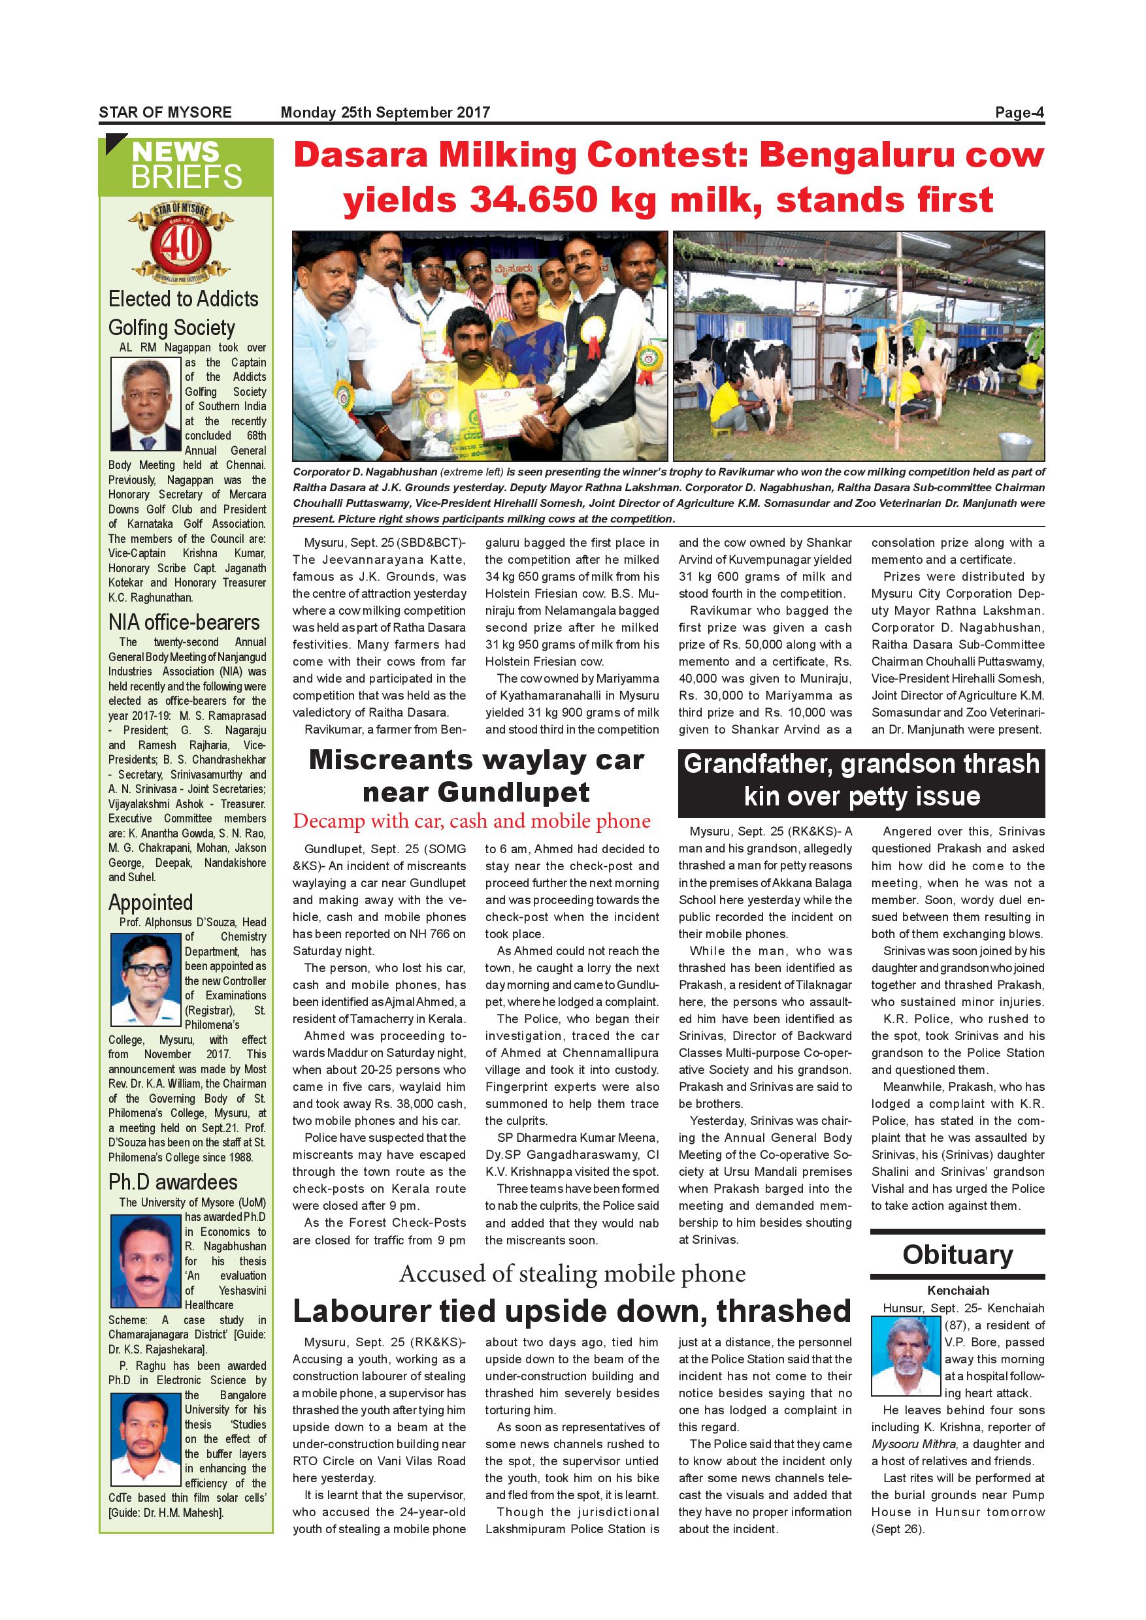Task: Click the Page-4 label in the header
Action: click(x=1019, y=112)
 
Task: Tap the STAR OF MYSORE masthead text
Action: click(x=165, y=112)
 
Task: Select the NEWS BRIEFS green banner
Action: click(x=186, y=166)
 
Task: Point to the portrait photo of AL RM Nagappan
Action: click(x=146, y=404)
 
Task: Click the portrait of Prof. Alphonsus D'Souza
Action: click(x=146, y=979)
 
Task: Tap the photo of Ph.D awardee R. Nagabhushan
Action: click(x=146, y=1261)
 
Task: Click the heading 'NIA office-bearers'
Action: click(x=184, y=623)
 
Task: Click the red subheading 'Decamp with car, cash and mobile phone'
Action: click(x=471, y=820)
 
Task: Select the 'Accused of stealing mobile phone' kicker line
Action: click(x=572, y=1274)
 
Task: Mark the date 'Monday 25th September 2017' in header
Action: click(x=385, y=112)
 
